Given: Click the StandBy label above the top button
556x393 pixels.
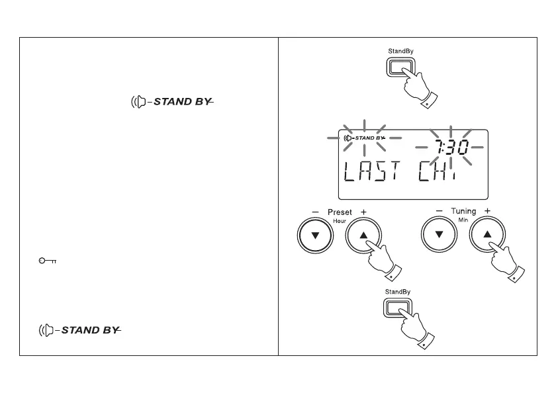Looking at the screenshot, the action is [x=400, y=50].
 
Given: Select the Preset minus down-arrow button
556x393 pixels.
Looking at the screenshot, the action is [x=314, y=236].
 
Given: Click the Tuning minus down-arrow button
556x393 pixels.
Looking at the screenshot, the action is [x=440, y=236].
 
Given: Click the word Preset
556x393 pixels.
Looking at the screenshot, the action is [x=340, y=212].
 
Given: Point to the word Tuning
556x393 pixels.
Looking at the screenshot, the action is [x=463, y=211].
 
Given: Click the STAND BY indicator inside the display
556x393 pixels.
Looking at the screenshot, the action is [x=365, y=138].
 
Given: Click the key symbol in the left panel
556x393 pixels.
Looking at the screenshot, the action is [x=47, y=261].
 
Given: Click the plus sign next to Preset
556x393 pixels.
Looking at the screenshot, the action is [x=363, y=212].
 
